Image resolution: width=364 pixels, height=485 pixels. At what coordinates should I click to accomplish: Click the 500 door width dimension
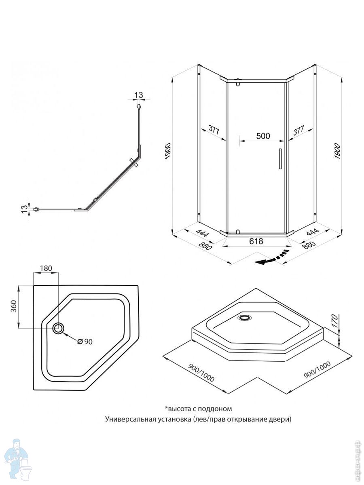[263, 136]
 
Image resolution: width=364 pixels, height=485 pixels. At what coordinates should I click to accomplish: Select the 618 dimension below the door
[256, 241]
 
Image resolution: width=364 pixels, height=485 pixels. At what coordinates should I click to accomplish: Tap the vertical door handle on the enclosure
[279, 158]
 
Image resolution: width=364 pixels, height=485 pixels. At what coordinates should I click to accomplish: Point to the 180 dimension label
[46, 269]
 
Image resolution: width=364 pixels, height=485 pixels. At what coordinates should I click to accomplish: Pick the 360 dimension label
[13, 307]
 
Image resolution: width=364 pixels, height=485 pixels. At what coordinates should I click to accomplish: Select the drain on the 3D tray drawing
[244, 318]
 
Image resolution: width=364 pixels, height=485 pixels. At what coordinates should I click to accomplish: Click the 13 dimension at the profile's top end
[138, 95]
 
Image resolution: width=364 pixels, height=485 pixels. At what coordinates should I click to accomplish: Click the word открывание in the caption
[247, 419]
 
